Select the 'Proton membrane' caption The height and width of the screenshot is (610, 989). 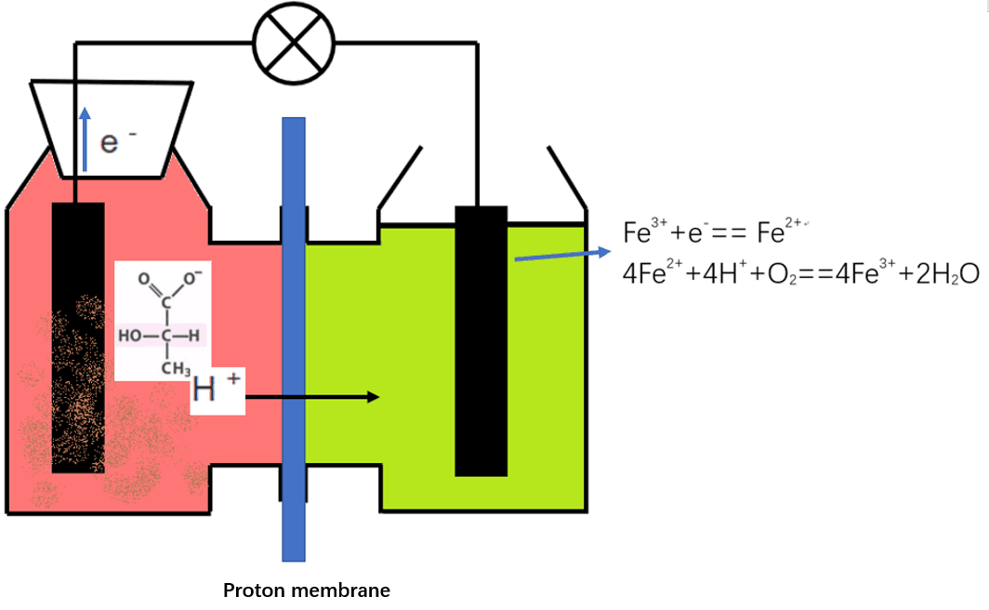[x=307, y=590]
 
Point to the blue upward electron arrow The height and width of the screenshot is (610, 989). [x=85, y=139]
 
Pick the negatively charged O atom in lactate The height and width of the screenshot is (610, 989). [x=190, y=278]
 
